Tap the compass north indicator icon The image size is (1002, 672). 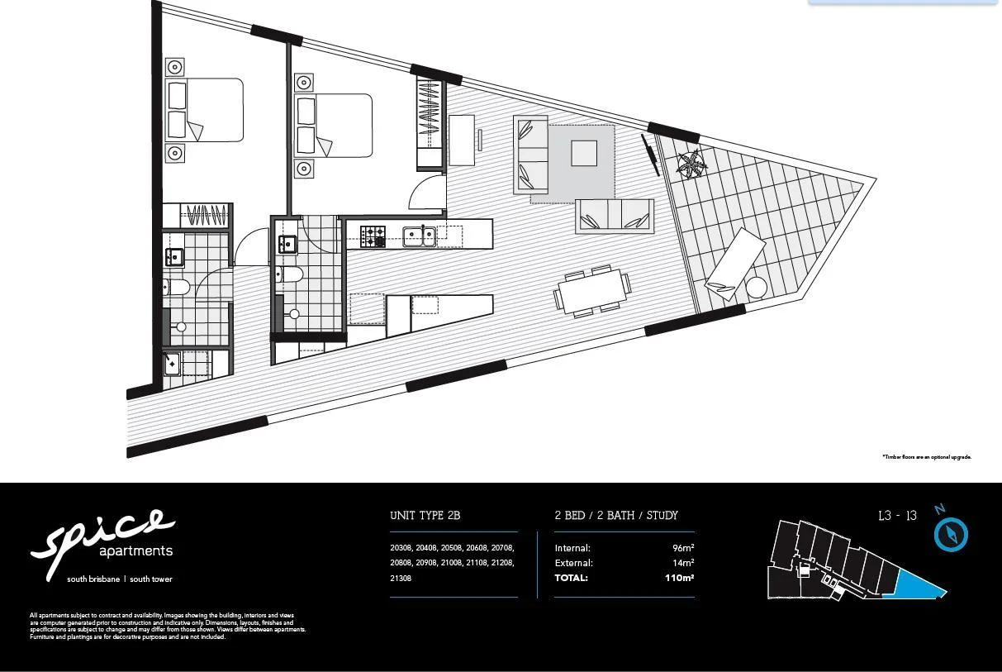point(950,534)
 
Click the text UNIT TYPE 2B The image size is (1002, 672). point(425,516)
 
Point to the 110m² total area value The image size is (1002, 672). point(679,578)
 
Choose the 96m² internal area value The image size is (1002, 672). point(683,548)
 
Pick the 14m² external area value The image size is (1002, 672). point(683,563)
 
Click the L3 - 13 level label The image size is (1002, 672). point(897,516)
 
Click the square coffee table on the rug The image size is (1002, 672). point(584,153)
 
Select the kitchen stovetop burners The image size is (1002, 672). point(373,236)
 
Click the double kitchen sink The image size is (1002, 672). point(420,237)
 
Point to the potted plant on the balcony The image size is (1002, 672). point(691,164)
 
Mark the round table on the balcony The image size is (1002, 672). point(756,288)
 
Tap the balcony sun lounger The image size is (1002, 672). point(734,263)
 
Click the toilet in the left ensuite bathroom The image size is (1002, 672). point(178,288)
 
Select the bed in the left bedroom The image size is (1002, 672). point(204,110)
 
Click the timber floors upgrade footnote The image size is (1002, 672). point(926,456)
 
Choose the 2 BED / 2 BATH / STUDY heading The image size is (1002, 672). point(615,516)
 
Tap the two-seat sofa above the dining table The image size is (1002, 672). point(615,216)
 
